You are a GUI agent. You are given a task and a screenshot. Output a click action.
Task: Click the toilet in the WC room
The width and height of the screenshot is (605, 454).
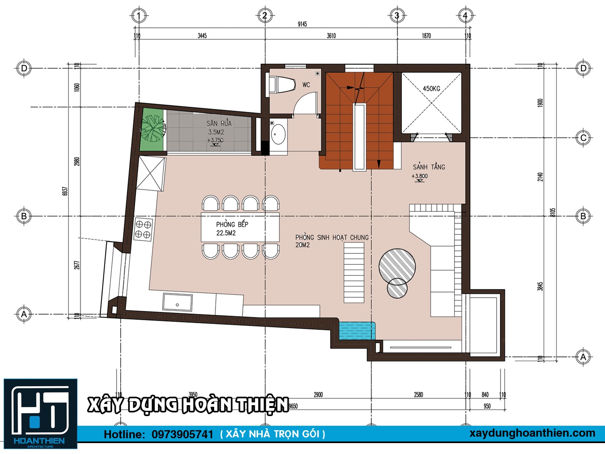pyautogui.click(x=282, y=85)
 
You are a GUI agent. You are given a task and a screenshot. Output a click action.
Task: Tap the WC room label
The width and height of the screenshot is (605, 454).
pyautogui.click(x=306, y=85)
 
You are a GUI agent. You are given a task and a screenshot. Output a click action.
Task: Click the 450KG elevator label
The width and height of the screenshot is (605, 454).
pyautogui.click(x=431, y=88)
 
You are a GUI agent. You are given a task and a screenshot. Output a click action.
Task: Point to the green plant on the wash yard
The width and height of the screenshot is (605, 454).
pyautogui.click(x=152, y=128)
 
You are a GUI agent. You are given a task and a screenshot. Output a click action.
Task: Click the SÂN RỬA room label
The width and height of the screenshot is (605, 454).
pyautogui.click(x=219, y=123)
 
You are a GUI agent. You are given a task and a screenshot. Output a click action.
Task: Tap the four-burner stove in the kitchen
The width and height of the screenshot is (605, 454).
pyautogui.click(x=143, y=229)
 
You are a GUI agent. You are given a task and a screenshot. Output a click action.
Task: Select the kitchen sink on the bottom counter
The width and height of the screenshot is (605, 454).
pyautogui.click(x=177, y=302)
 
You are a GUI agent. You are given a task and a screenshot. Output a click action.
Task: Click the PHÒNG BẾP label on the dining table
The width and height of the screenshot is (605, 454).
pyautogui.click(x=232, y=224)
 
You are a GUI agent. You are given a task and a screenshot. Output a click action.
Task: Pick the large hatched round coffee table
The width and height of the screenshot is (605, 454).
pyautogui.click(x=397, y=266)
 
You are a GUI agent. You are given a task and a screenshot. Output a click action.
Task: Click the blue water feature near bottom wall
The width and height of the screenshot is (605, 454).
pyautogui.click(x=357, y=331)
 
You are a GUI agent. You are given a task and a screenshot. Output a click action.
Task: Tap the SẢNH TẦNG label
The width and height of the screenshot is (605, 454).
pyautogui.click(x=429, y=167)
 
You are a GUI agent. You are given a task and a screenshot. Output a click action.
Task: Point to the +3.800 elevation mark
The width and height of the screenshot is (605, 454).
pyautogui.click(x=419, y=176)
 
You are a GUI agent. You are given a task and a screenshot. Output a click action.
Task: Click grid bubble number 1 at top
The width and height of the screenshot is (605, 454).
pyautogui.click(x=139, y=16)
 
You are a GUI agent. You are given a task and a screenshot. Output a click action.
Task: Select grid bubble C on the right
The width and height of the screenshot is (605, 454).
pyautogui.click(x=583, y=138)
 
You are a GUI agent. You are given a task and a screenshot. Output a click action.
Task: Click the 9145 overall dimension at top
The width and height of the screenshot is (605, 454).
pyautogui.click(x=302, y=24)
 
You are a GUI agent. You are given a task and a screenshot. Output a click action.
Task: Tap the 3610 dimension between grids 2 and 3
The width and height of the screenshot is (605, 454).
pyautogui.click(x=331, y=36)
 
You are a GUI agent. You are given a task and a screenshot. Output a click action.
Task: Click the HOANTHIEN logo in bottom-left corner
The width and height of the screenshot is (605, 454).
pyautogui.click(x=40, y=414)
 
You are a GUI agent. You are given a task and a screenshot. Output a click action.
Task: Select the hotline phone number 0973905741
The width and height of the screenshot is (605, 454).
pyautogui.click(x=182, y=435)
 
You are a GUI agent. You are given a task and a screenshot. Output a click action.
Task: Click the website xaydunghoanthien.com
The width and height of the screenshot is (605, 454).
pyautogui.click(x=532, y=433)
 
